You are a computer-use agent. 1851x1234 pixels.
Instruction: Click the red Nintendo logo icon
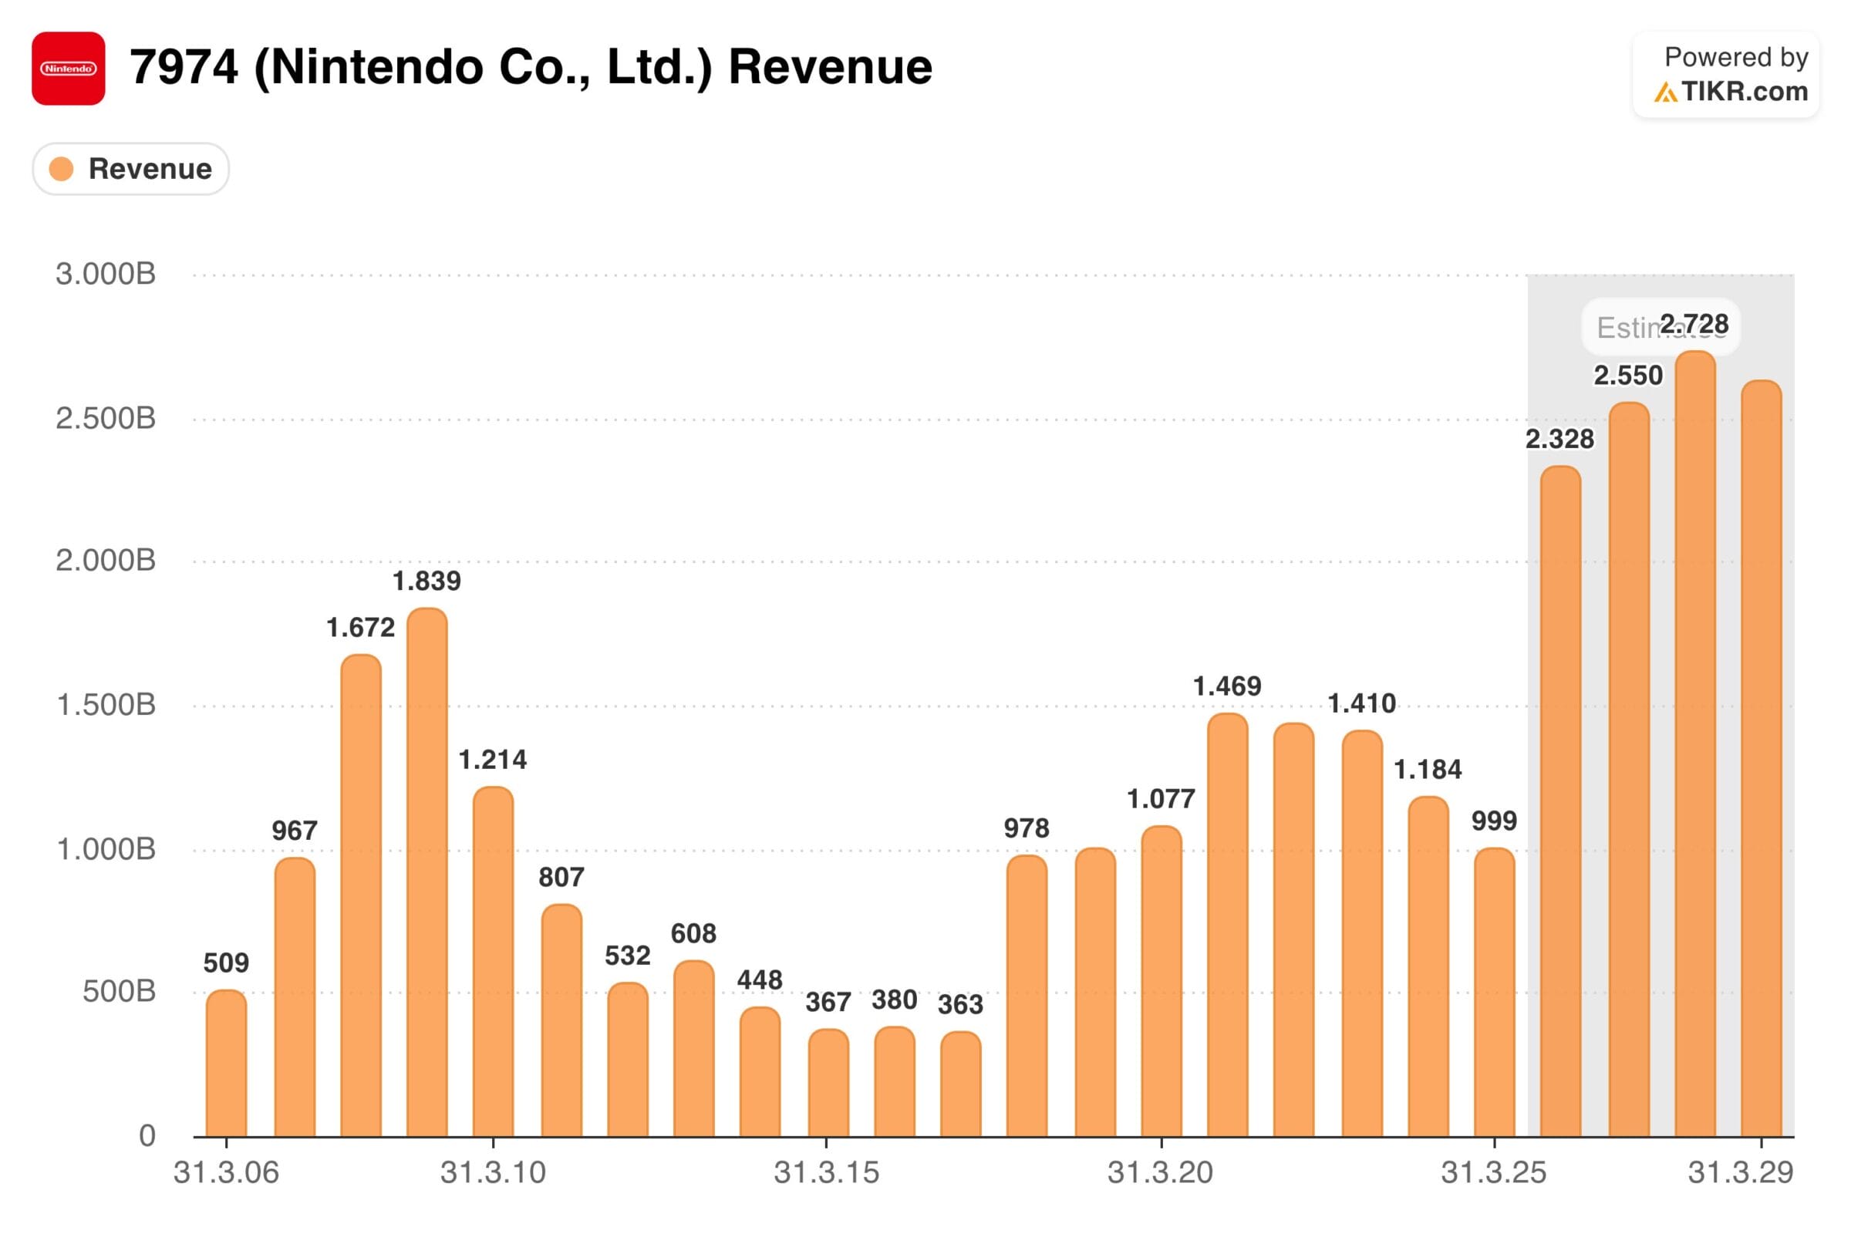click(x=69, y=69)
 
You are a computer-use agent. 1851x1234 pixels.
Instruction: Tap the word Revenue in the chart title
click(x=830, y=67)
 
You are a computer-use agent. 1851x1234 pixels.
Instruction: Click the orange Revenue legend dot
click(x=62, y=168)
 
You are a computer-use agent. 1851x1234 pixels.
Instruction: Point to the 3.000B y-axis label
click(x=106, y=275)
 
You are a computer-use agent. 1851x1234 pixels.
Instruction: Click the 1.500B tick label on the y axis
click(x=106, y=705)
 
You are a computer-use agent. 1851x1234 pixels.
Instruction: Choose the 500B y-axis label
click(x=119, y=992)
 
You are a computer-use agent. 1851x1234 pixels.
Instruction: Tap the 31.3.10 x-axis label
click(x=493, y=1172)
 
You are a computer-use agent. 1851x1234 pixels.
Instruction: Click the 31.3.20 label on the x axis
click(x=1160, y=1172)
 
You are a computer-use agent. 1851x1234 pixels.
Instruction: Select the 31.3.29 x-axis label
click(x=1740, y=1172)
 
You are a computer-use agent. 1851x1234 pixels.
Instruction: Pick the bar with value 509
click(x=227, y=1063)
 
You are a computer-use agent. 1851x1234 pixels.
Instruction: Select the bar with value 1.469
click(x=1227, y=925)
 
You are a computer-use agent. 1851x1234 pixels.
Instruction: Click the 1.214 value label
click(x=493, y=760)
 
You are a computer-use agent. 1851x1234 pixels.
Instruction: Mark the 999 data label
click(x=1494, y=821)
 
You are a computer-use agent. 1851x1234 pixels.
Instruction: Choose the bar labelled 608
click(x=694, y=1048)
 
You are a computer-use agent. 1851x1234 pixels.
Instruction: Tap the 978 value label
click(x=1027, y=828)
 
